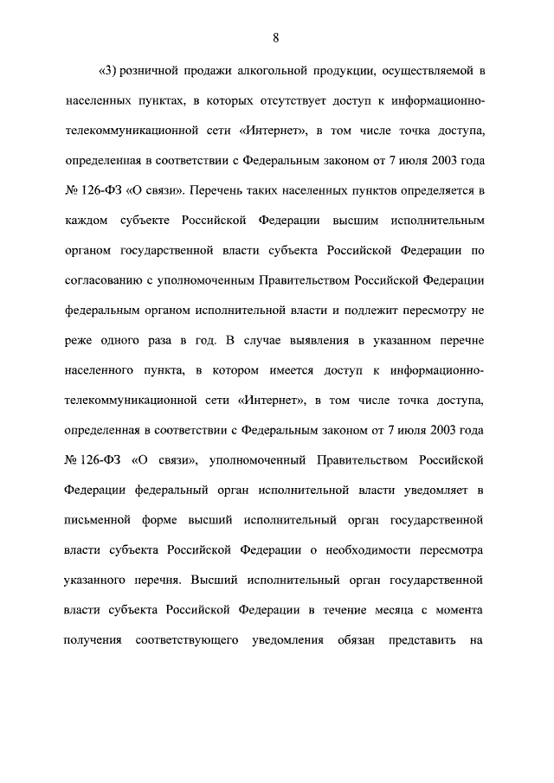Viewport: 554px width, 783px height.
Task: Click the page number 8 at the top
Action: click(275, 37)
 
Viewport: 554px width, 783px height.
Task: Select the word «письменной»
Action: click(97, 521)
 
